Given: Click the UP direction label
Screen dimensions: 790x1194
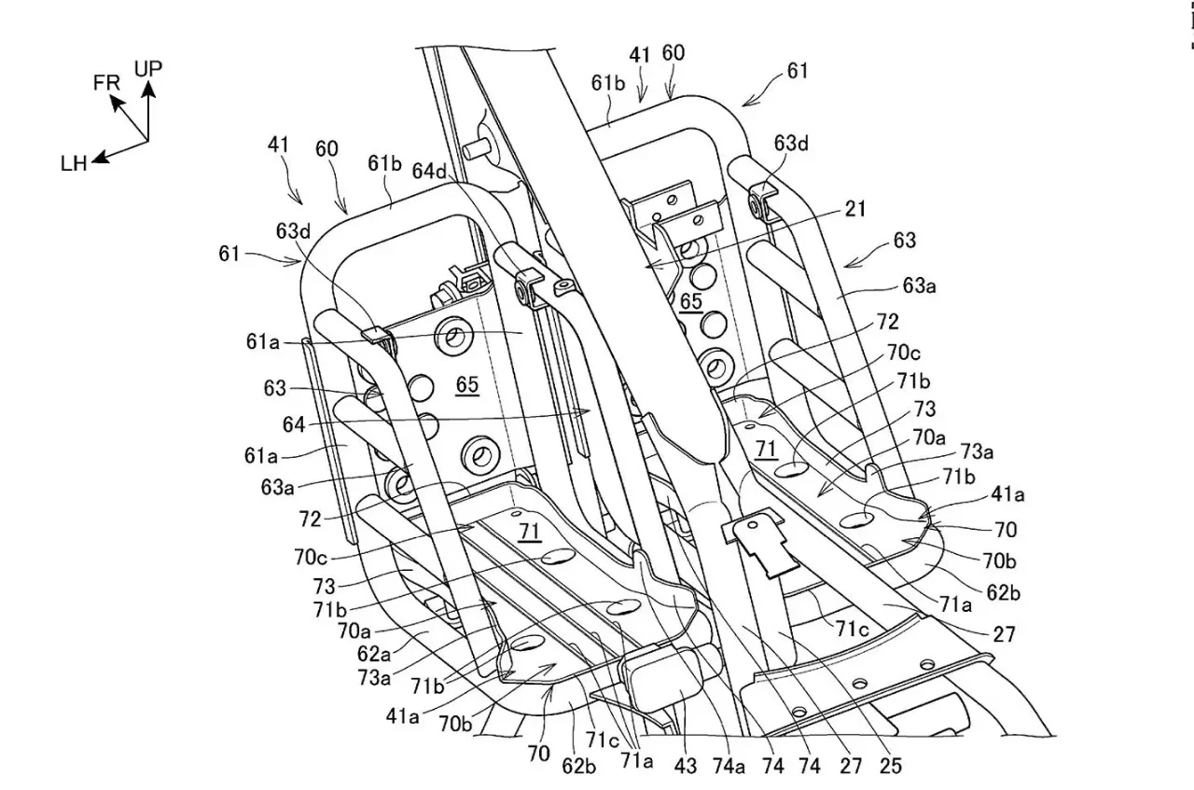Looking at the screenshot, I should (148, 68).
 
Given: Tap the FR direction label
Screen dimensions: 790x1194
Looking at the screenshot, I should (106, 82).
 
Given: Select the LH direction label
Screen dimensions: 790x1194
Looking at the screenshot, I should (73, 164).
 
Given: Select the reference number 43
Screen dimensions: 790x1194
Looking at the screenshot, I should (686, 767).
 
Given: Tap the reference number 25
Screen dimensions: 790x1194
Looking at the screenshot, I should (891, 767).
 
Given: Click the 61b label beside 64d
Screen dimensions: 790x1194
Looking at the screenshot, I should (384, 164).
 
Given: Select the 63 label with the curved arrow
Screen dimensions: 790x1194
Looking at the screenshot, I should (904, 241).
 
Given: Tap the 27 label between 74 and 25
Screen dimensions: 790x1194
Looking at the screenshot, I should (851, 767).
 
